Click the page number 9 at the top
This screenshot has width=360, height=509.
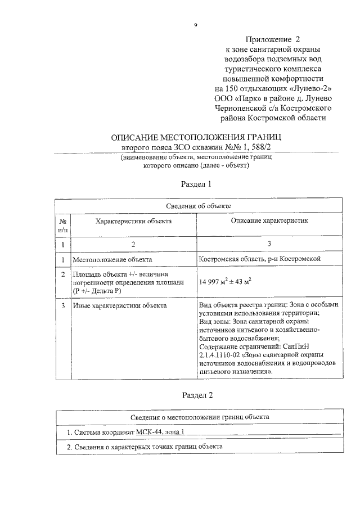pos(195,25)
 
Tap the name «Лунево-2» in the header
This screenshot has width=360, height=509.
pos(309,89)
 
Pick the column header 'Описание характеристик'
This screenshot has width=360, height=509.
pos(269,222)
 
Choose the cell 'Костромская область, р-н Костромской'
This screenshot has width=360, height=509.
pos(260,259)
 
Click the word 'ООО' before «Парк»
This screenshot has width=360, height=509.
pos(223,98)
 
